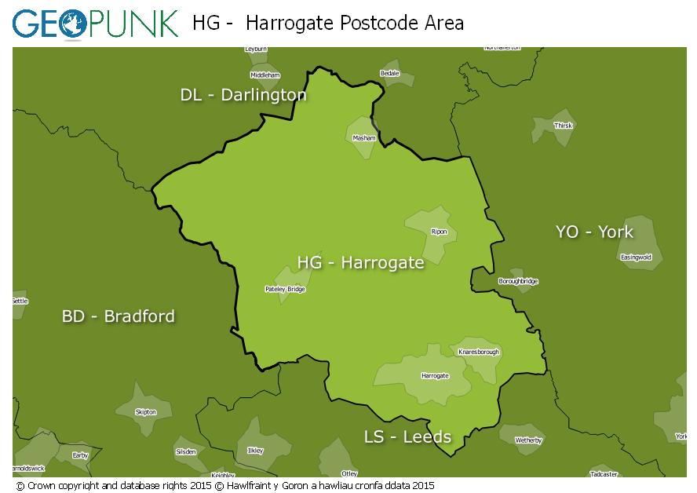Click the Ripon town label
(439, 232)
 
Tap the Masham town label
(364, 137)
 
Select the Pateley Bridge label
(285, 289)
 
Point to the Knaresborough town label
(478, 352)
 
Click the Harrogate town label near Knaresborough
(435, 376)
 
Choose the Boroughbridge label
(518, 281)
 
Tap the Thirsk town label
(563, 126)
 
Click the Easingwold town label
(636, 257)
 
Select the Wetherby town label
(528, 440)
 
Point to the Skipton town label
(146, 411)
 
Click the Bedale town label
(389, 73)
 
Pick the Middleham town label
(265, 75)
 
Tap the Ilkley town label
(255, 451)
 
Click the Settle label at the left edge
(20, 301)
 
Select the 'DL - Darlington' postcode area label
(243, 95)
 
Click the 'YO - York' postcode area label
(594, 232)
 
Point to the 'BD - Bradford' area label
(119, 316)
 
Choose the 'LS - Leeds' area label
(407, 436)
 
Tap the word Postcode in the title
(373, 23)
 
